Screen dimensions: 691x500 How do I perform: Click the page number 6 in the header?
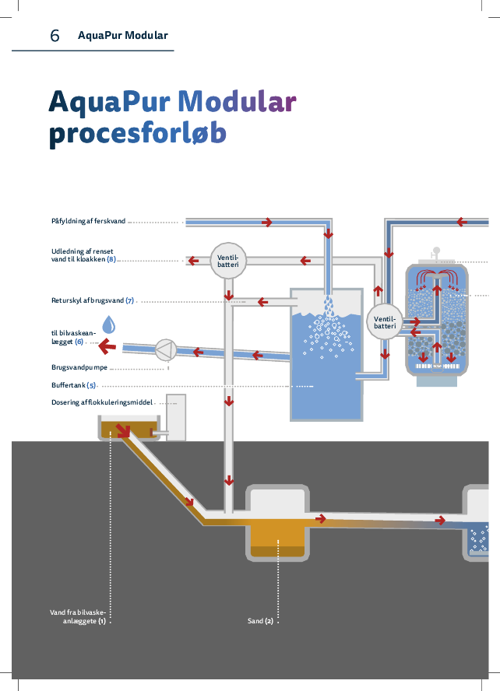(x=55, y=36)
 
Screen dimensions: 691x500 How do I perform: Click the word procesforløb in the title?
(x=137, y=135)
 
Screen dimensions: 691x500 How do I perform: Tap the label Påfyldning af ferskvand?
(x=88, y=222)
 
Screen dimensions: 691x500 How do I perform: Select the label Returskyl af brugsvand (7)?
(x=93, y=300)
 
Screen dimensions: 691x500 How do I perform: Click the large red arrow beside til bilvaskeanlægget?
(x=107, y=345)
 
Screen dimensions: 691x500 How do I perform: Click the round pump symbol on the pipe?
(x=165, y=349)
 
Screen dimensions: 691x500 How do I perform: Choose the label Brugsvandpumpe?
(x=79, y=367)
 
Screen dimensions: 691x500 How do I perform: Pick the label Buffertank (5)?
(x=73, y=385)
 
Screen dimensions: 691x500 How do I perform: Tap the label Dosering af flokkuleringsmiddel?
(x=102, y=402)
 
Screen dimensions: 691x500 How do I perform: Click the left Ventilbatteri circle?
(x=228, y=261)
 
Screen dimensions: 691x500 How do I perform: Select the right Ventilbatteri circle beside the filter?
(x=385, y=322)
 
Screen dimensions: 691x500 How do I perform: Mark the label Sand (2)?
(x=260, y=621)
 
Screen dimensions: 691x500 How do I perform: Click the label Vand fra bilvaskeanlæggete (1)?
(x=78, y=617)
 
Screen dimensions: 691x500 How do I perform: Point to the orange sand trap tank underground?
(x=278, y=537)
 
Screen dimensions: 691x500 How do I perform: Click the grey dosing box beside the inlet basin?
(x=176, y=417)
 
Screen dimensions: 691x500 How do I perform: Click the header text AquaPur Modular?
(x=122, y=36)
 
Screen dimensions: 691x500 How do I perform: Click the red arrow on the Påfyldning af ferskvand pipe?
(x=267, y=223)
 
